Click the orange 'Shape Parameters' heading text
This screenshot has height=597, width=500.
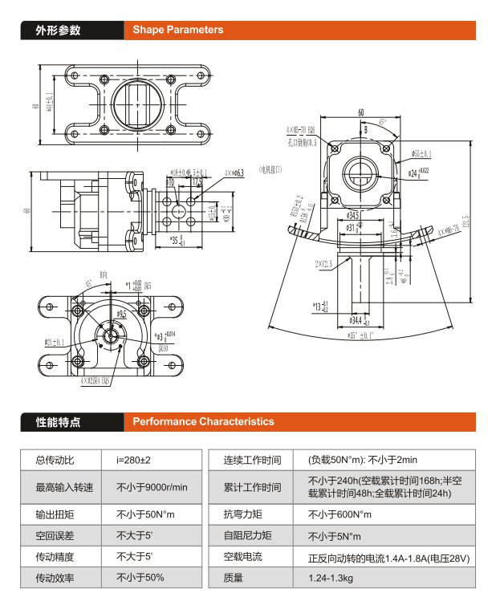coord(178,30)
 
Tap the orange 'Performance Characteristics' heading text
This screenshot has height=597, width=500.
coord(203,421)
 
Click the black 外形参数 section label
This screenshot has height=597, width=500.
coord(58,30)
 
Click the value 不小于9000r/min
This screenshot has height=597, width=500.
coord(152,487)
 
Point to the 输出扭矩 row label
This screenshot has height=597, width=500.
coord(54,514)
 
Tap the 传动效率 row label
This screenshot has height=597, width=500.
coord(54,577)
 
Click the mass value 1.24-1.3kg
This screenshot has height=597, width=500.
coord(329,578)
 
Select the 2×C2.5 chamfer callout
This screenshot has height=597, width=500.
coord(325,262)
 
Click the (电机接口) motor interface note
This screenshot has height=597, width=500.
coord(270,169)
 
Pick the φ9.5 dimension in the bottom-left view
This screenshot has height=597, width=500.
coord(121,315)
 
